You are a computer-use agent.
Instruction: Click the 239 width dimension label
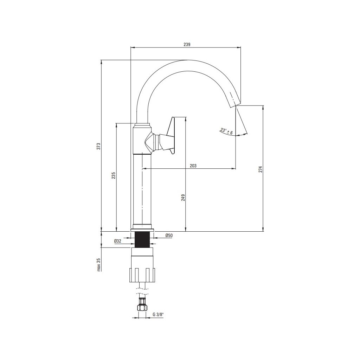pyautogui.click(x=187, y=45)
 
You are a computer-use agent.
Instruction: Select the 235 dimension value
pyautogui.click(x=114, y=176)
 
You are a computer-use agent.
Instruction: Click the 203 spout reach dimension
pyautogui.click(x=193, y=166)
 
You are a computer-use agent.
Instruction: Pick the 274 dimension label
pyautogui.click(x=261, y=169)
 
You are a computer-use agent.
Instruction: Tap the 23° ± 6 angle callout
pyautogui.click(x=227, y=131)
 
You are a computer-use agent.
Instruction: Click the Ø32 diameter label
pyautogui.click(x=118, y=241)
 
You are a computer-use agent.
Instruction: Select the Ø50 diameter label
pyautogui.click(x=169, y=236)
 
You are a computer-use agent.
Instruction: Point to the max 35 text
pyautogui.click(x=99, y=265)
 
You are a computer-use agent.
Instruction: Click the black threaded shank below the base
pyautogui.click(x=143, y=239)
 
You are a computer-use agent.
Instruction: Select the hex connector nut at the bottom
pyautogui.click(x=142, y=306)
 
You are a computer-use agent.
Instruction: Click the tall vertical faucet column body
pyautogui.click(x=143, y=190)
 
